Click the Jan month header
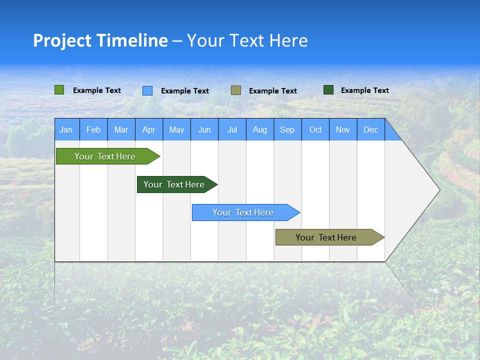tap(66, 129)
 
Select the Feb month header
tap(93, 129)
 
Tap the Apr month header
tap(148, 129)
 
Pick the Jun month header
tap(204, 129)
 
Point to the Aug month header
tap(260, 129)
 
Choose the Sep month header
tap(287, 129)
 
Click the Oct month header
tap(315, 129)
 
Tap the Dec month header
tap(370, 129)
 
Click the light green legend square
tap(59, 90)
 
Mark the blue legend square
tap(147, 90)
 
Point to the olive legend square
tap(236, 90)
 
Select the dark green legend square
tap(328, 90)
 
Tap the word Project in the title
tap(62, 40)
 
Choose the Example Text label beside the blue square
tap(184, 91)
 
